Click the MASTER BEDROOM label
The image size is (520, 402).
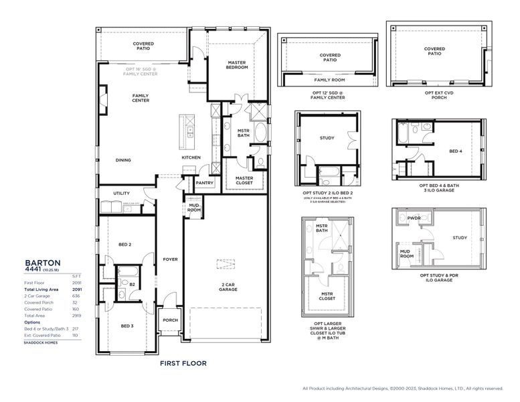tap(237, 65)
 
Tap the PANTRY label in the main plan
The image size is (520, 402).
tap(203, 182)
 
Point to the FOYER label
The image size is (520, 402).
tap(170, 259)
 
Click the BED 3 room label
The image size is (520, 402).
tap(128, 326)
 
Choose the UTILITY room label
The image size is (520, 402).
tap(121, 193)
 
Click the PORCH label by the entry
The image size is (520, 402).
tap(170, 320)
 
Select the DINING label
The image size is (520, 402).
tap(122, 160)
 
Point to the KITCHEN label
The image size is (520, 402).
tap(191, 157)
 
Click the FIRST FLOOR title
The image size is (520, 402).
tap(183, 363)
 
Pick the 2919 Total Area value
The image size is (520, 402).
tap(74, 315)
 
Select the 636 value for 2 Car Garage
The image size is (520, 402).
tap(74, 295)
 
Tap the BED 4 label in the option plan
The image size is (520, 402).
tap(456, 151)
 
